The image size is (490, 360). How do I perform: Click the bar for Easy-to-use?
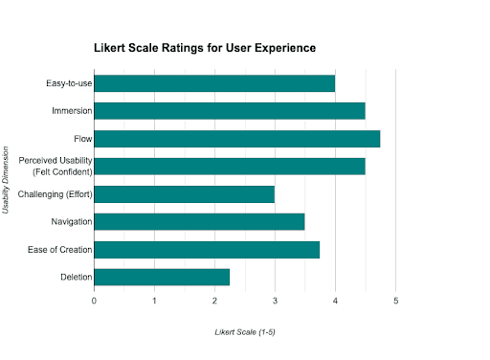(x=214, y=83)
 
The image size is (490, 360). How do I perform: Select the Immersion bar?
(x=230, y=111)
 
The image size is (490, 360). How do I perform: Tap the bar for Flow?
(x=237, y=139)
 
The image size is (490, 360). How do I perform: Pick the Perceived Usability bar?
(x=230, y=167)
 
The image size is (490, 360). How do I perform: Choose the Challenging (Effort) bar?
(x=185, y=194)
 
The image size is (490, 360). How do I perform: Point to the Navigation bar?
(x=199, y=222)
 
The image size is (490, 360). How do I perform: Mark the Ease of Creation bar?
(x=207, y=250)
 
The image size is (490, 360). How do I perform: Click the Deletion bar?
(x=162, y=277)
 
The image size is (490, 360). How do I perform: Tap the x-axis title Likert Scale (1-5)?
(x=245, y=332)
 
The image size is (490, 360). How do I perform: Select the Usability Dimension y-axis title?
(x=6, y=180)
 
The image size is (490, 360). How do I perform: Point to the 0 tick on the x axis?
(x=94, y=301)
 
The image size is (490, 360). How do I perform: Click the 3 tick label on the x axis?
(x=275, y=301)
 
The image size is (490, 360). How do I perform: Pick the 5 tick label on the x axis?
(x=395, y=301)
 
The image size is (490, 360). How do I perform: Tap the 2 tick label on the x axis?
(x=214, y=301)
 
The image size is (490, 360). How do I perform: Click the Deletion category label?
(x=77, y=277)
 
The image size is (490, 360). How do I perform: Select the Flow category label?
(x=83, y=139)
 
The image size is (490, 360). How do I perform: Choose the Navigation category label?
(x=72, y=222)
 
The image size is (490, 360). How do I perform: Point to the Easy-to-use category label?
(x=69, y=83)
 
